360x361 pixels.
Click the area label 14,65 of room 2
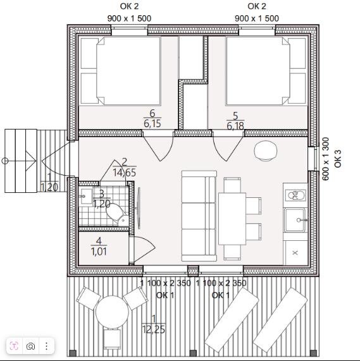[125, 173]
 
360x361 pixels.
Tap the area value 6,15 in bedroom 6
[152, 124]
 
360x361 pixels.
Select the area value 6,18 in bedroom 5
[235, 126]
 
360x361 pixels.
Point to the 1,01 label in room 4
[99, 252]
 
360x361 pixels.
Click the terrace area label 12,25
[154, 329]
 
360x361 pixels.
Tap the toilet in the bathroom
[117, 214]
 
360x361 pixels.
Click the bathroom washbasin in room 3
[85, 196]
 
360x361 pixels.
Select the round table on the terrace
[112, 312]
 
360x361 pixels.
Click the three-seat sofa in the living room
[199, 216]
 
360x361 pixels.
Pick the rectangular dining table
[232, 219]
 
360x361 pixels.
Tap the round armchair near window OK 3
[265, 150]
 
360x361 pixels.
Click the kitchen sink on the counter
[295, 220]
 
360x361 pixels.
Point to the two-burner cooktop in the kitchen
[295, 195]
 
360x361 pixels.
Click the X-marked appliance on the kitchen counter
[295, 252]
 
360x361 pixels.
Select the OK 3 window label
[338, 159]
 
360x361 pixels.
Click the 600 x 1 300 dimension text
[325, 159]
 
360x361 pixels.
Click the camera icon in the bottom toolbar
[30, 346]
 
